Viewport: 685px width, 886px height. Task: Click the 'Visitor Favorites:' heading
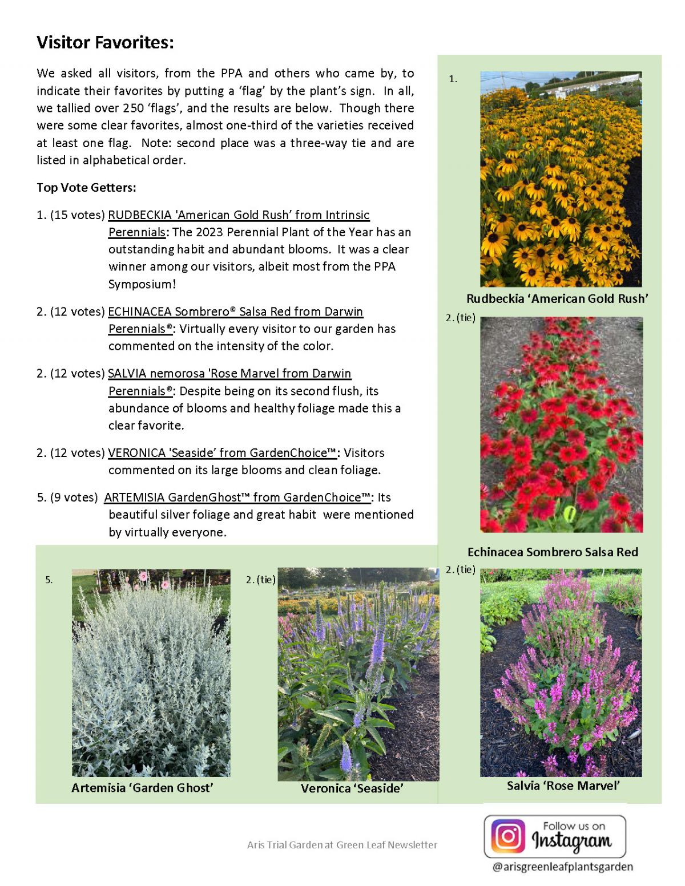pos(105,42)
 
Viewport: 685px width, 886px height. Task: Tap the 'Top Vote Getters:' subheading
pos(86,188)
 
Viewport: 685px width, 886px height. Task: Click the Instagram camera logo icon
pos(507,836)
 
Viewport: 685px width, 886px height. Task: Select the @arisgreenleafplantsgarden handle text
pos(562,867)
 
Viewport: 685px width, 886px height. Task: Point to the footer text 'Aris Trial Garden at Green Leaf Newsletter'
pos(342,844)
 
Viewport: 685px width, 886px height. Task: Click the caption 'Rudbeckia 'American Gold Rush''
pos(557,298)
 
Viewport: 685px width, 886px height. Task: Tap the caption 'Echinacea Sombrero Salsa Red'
pos(553,552)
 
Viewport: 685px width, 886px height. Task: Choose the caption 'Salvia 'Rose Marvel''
pos(563,786)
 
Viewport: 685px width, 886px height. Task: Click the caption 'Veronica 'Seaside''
pos(352,788)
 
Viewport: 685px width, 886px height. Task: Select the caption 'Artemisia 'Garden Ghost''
pos(142,787)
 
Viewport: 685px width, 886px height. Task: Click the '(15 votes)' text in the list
pos(78,215)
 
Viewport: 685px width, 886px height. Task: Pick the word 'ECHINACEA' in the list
pos(139,311)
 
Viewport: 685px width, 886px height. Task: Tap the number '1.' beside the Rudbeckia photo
pos(453,79)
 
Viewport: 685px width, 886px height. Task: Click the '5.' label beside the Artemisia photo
pos(49,580)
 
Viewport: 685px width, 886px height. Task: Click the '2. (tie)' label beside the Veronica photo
pos(260,580)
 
